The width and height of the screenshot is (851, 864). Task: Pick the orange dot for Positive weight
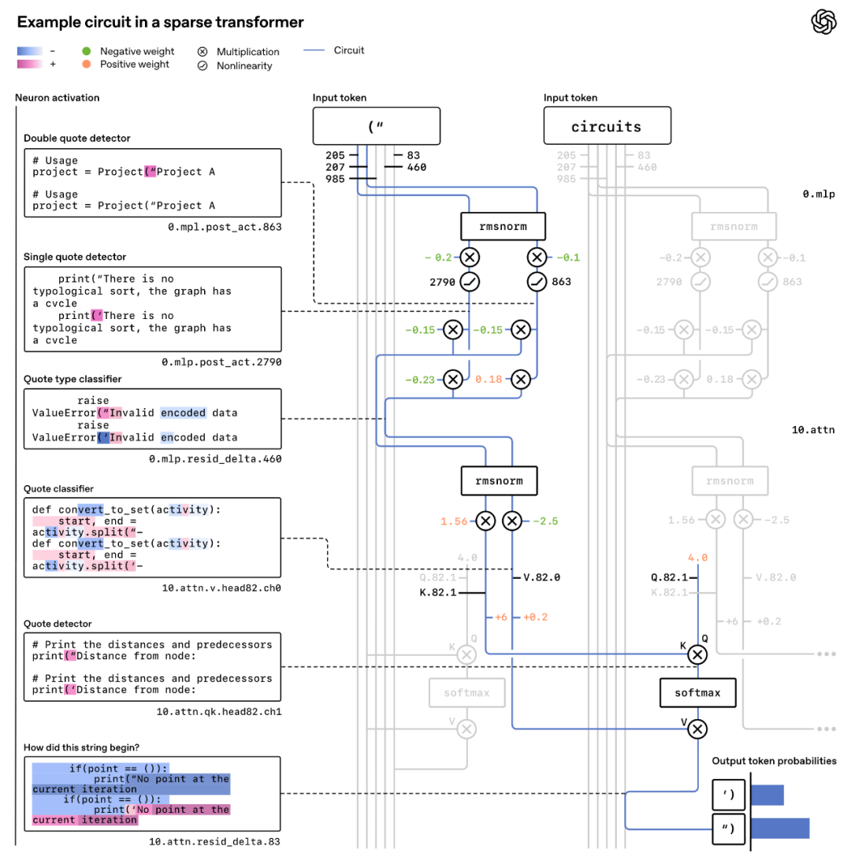(87, 65)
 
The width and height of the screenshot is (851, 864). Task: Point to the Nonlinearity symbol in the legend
(203, 66)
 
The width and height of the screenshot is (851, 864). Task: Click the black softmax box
(697, 693)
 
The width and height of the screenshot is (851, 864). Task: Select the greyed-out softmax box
(466, 693)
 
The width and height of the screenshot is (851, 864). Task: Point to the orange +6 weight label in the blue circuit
(499, 617)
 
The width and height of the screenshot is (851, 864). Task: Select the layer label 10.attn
(813, 430)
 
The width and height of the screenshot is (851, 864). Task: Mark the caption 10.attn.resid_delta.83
(214, 842)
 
